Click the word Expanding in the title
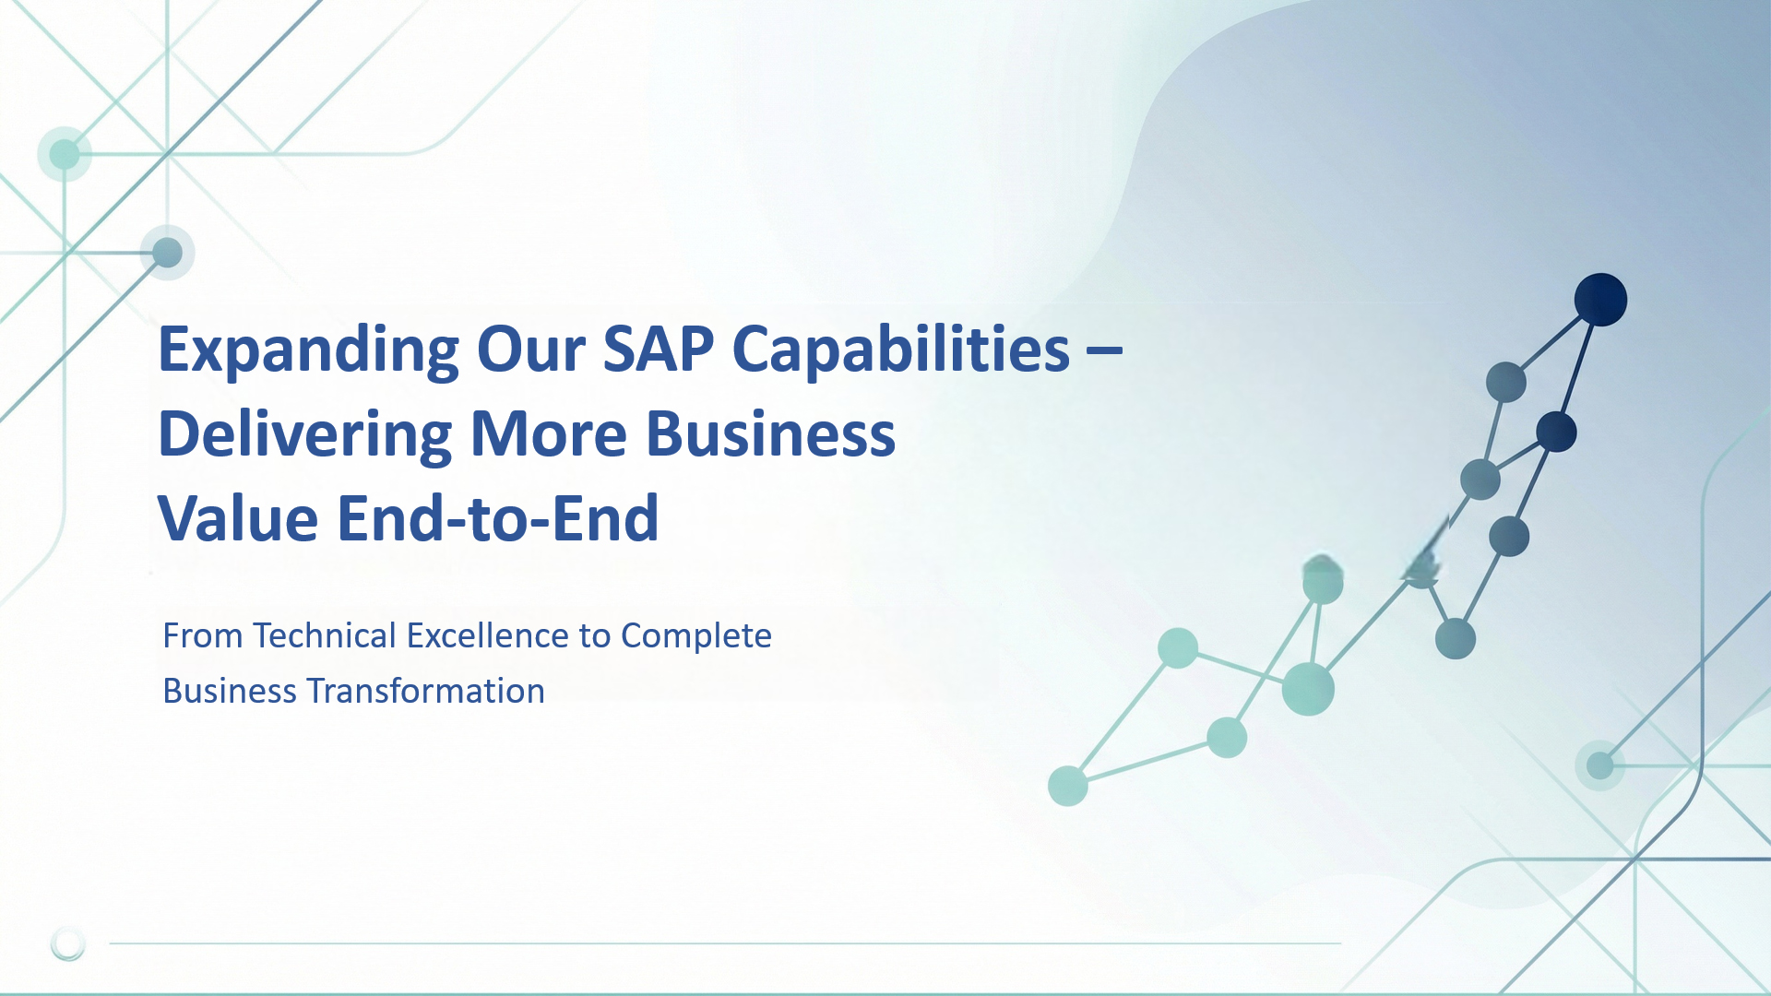pos(308,351)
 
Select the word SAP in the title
pos(659,350)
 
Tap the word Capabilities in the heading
pos(901,351)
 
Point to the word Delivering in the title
pos(305,434)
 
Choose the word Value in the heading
pos(238,518)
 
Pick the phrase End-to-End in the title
pos(498,518)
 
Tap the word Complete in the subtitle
pos(696,637)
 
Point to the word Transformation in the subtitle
pos(425,691)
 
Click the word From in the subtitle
pos(203,635)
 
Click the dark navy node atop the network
pos(1600,300)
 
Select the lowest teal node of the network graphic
pos(1068,787)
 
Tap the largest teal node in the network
pos(1308,689)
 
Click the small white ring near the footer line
pos(68,943)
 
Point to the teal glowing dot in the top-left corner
pos(65,154)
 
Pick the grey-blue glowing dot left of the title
pos(167,252)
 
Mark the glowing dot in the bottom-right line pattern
pos(1600,765)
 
